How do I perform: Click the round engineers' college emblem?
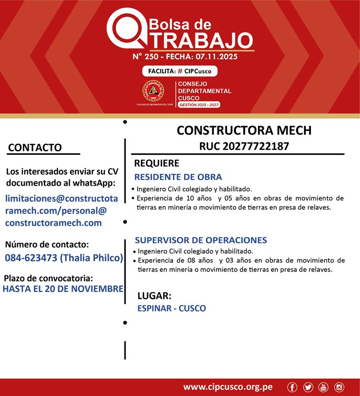pyautogui.click(x=153, y=91)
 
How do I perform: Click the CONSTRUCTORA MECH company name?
pyautogui.click(x=243, y=130)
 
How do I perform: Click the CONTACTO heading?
pyautogui.click(x=35, y=148)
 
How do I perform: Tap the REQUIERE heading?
pyautogui.click(x=156, y=163)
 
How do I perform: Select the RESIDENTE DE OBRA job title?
pyautogui.click(x=178, y=177)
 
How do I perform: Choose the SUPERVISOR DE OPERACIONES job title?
pyautogui.click(x=201, y=240)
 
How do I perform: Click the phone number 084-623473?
pyautogui.click(x=31, y=258)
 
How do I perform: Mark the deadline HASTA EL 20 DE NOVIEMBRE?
pyautogui.click(x=63, y=288)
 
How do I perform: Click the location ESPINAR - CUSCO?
pyautogui.click(x=171, y=309)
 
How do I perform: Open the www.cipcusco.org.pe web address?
pyautogui.click(x=228, y=387)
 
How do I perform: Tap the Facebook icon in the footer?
pyautogui.click(x=292, y=387)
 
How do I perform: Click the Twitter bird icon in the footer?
pyautogui.click(x=308, y=387)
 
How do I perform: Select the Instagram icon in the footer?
pyautogui.click(x=339, y=387)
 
